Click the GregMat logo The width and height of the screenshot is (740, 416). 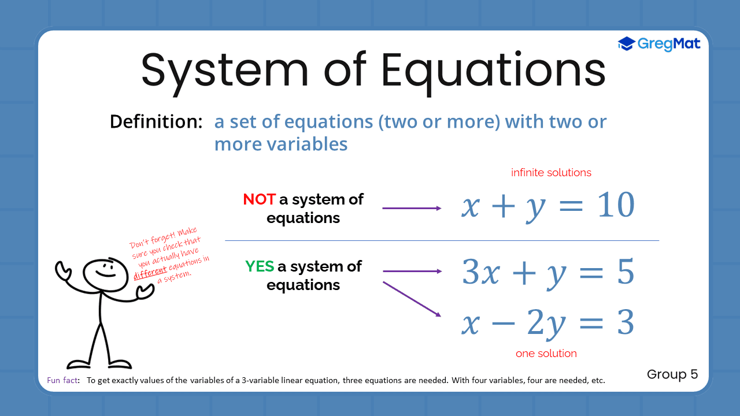pyautogui.click(x=659, y=43)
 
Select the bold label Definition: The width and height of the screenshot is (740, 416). pyautogui.click(x=156, y=122)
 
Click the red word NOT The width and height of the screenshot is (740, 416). pyautogui.click(x=259, y=199)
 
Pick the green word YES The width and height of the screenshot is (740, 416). pyautogui.click(x=259, y=266)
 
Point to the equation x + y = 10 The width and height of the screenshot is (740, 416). pyautogui.click(x=547, y=206)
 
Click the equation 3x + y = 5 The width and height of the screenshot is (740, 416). pyautogui.click(x=547, y=273)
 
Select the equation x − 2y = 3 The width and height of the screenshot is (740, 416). pyautogui.click(x=547, y=323)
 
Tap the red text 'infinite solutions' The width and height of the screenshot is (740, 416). pyautogui.click(x=551, y=173)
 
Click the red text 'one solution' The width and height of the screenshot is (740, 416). pyautogui.click(x=546, y=354)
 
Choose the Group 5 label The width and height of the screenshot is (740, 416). pyautogui.click(x=672, y=374)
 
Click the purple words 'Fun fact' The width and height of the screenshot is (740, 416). pyautogui.click(x=63, y=381)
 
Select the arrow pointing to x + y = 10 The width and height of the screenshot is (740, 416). pyautogui.click(x=412, y=208)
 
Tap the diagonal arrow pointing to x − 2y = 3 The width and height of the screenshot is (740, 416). pyautogui.click(x=412, y=299)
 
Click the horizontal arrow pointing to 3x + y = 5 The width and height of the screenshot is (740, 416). pyautogui.click(x=412, y=271)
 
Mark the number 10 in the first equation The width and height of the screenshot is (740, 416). pyautogui.click(x=616, y=205)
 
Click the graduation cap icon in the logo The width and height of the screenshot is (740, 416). pyautogui.click(x=627, y=43)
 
